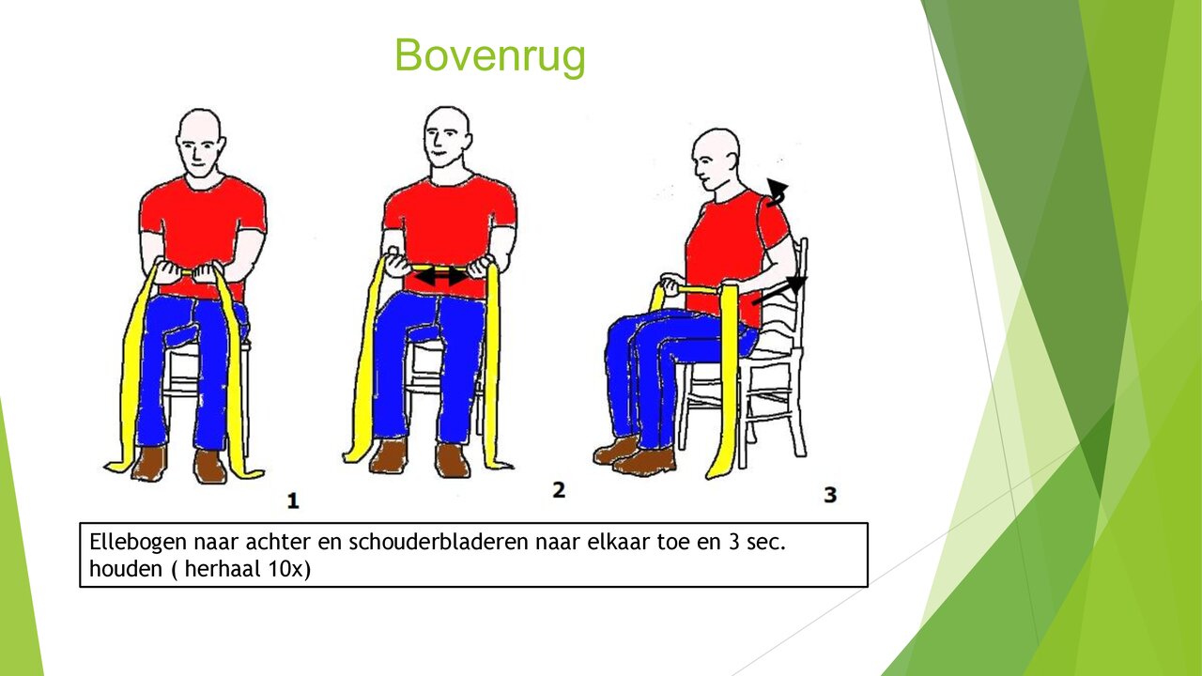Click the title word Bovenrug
(489, 55)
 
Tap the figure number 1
(293, 500)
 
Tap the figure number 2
(559, 489)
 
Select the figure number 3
(830, 494)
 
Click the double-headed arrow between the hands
(440, 276)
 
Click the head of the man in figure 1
(200, 144)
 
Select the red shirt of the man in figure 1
(202, 225)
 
